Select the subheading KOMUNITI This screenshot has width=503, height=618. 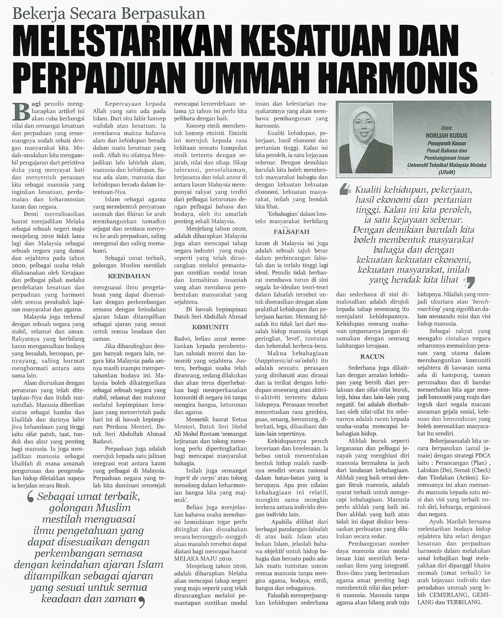click(210, 327)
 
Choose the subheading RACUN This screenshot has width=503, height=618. click(372, 356)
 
